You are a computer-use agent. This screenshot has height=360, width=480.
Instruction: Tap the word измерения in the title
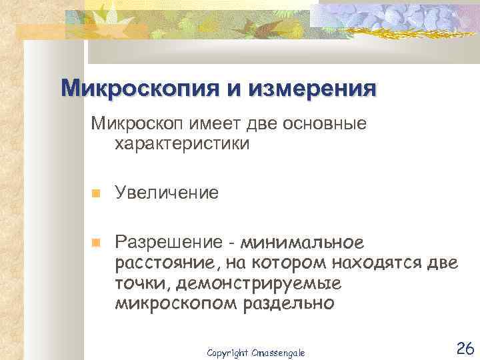click(x=310, y=89)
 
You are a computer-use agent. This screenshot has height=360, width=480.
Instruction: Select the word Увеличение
click(x=166, y=193)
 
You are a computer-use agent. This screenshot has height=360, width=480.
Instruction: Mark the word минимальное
click(x=303, y=241)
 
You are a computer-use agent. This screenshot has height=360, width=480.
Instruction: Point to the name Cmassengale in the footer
click(x=277, y=351)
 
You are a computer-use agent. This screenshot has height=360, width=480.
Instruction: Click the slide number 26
click(x=464, y=347)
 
